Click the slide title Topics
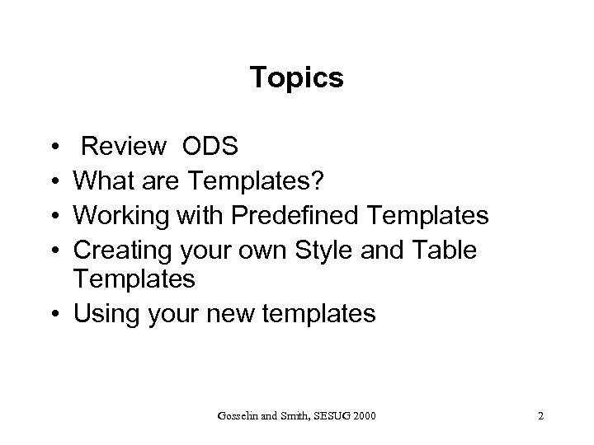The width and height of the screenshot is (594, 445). tap(296, 78)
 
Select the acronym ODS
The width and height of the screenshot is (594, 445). tap(210, 148)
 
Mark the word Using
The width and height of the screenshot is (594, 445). tap(102, 314)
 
